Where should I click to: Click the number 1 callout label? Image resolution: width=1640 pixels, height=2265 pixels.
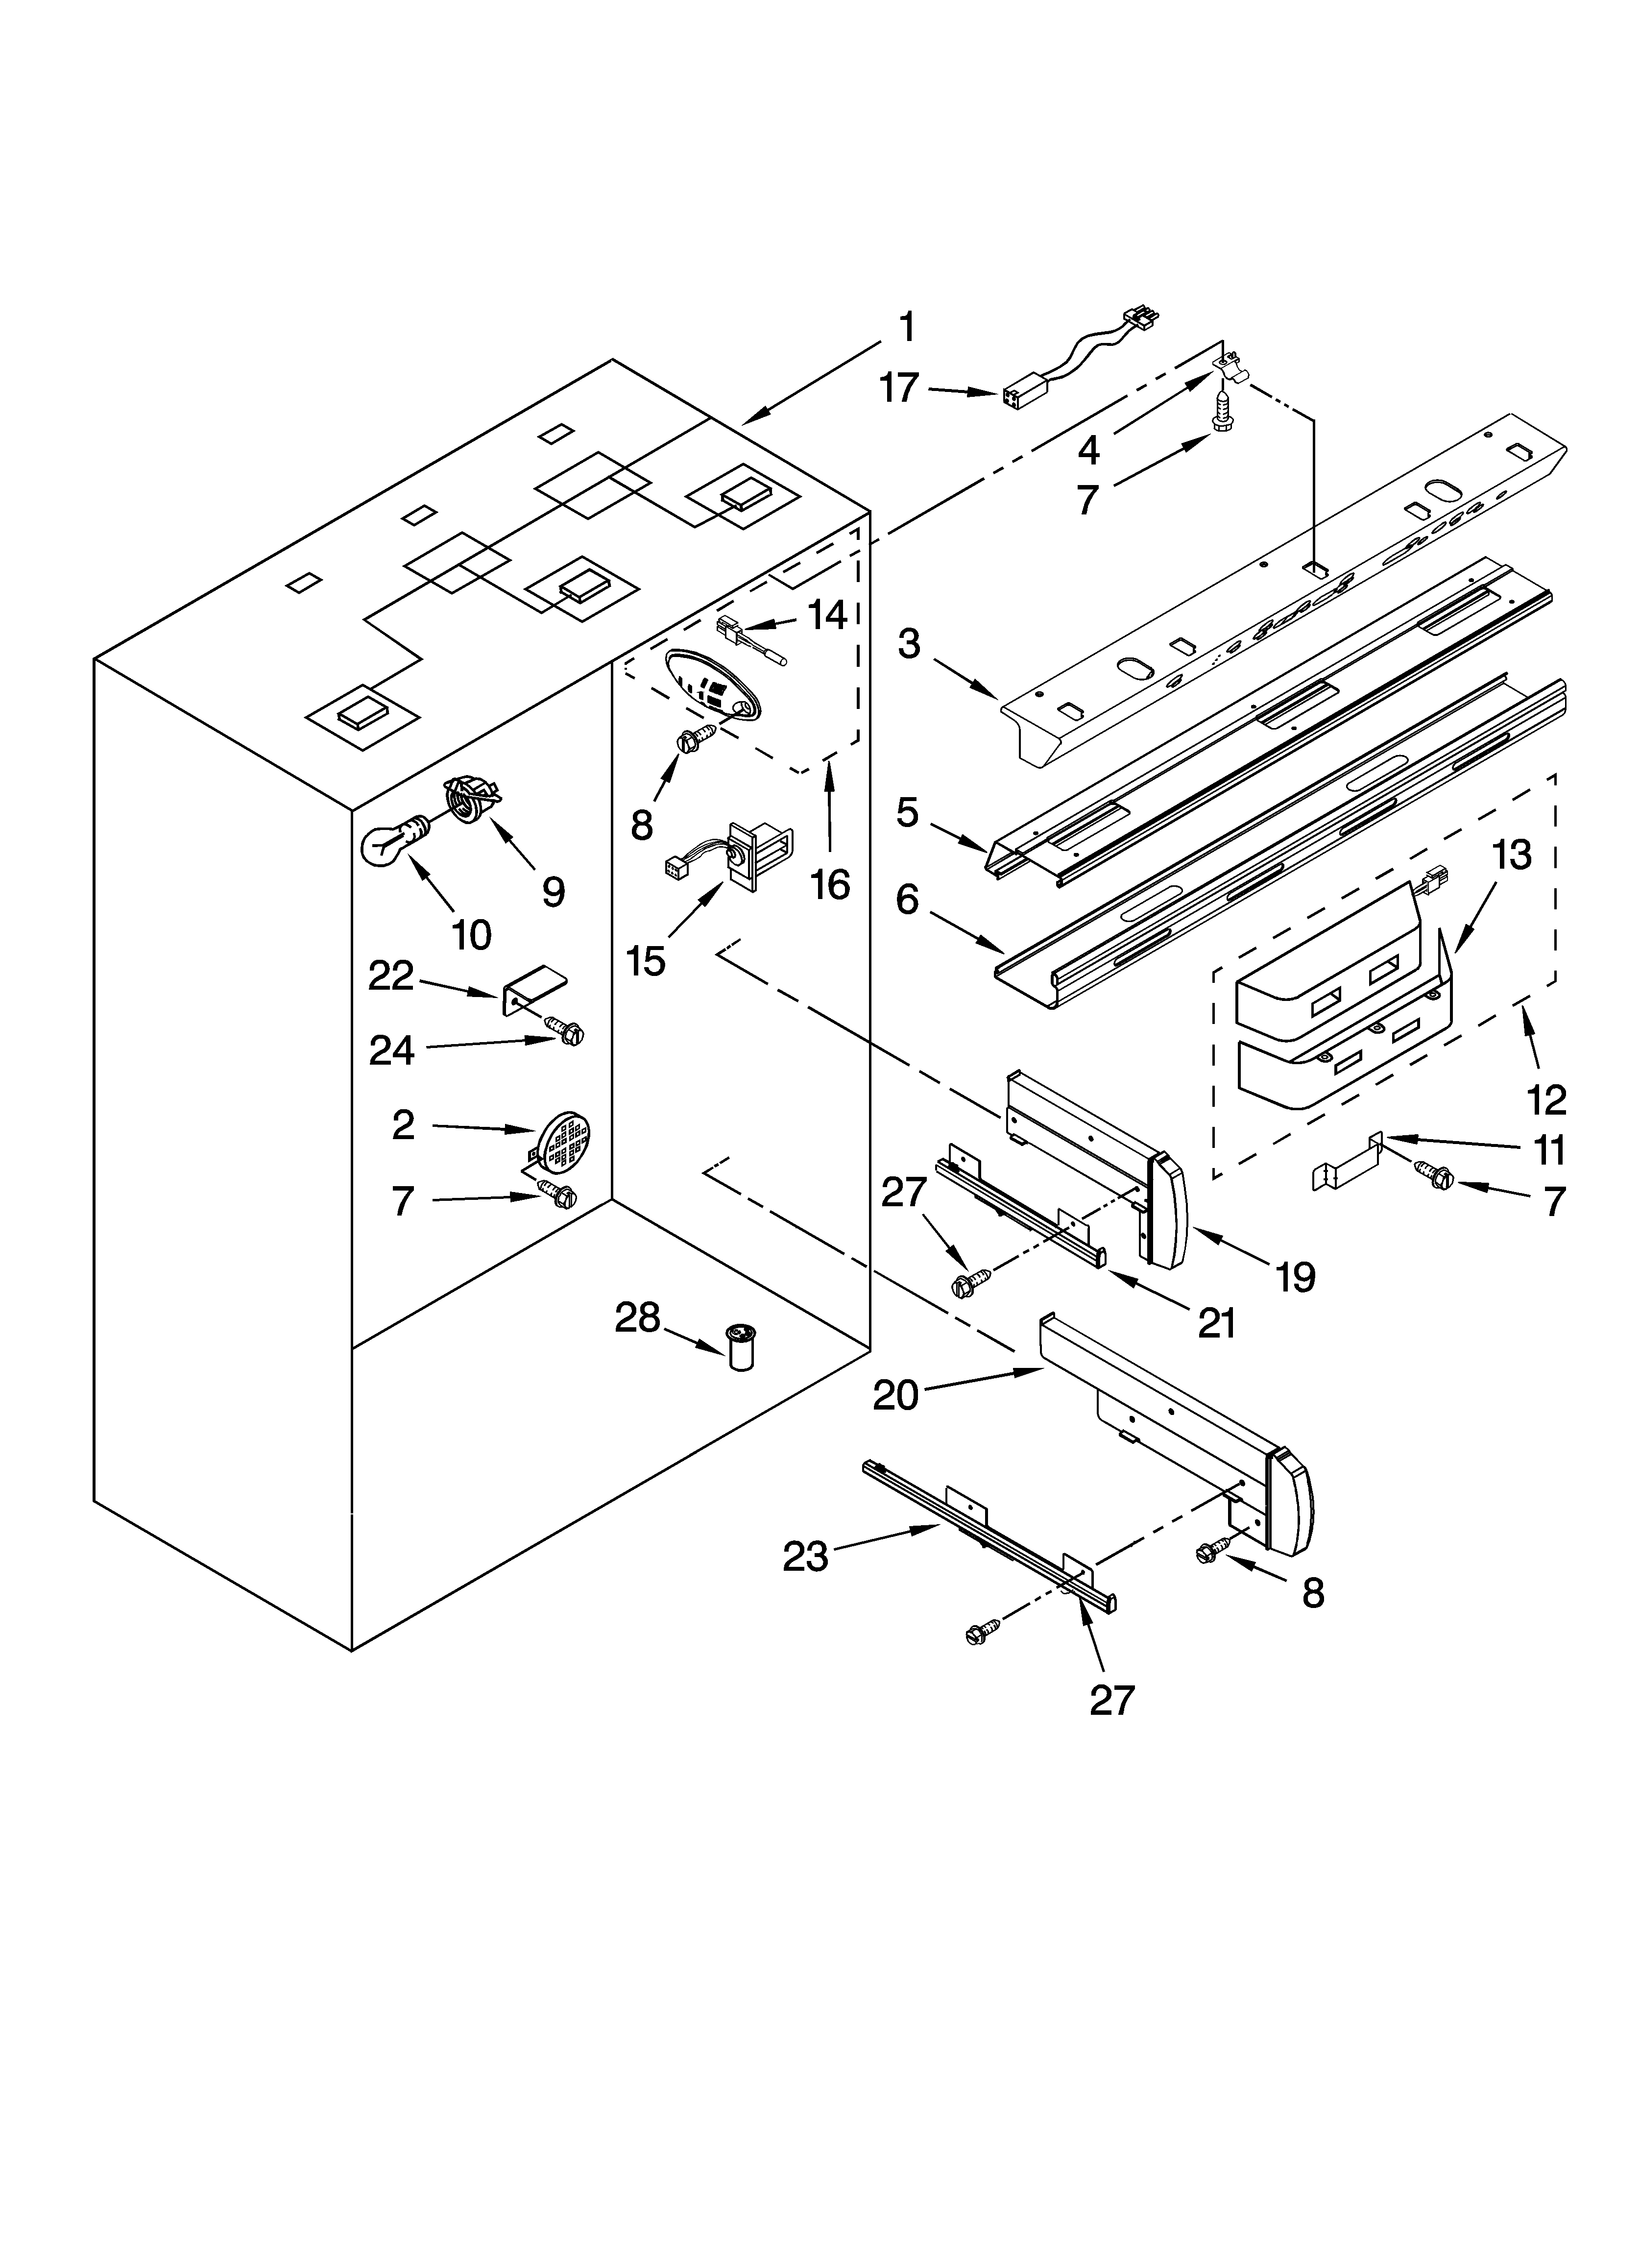(906, 328)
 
